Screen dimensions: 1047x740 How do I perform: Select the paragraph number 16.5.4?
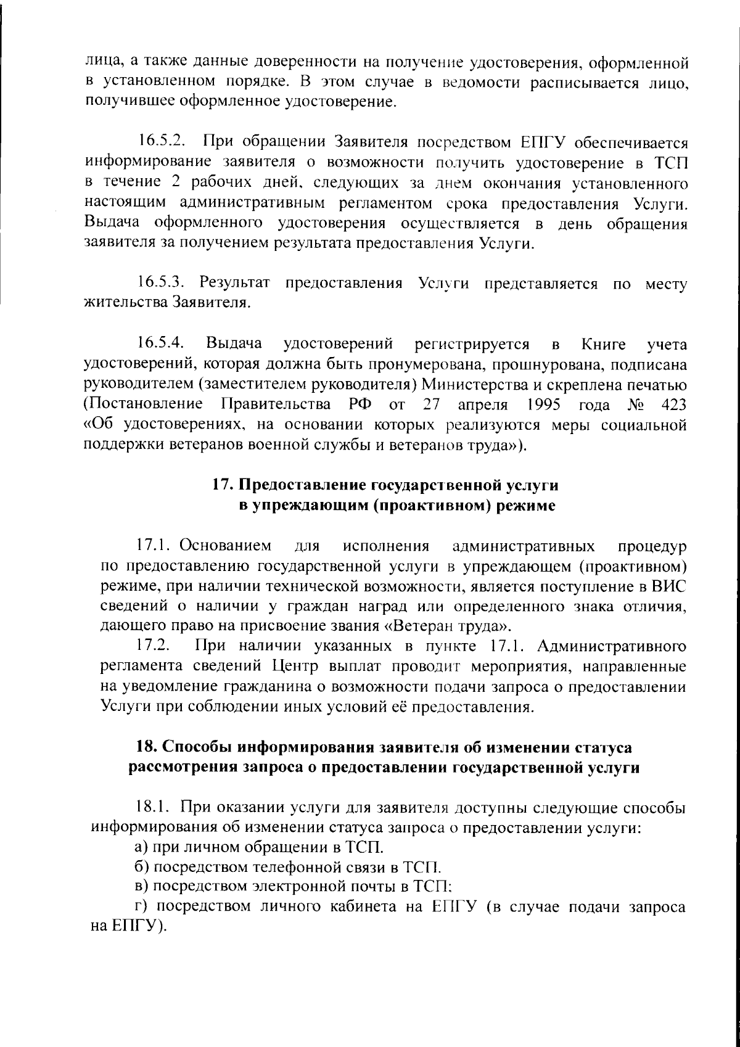pyautogui.click(x=162, y=343)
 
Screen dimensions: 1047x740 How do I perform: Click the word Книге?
pyautogui.click(x=604, y=343)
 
